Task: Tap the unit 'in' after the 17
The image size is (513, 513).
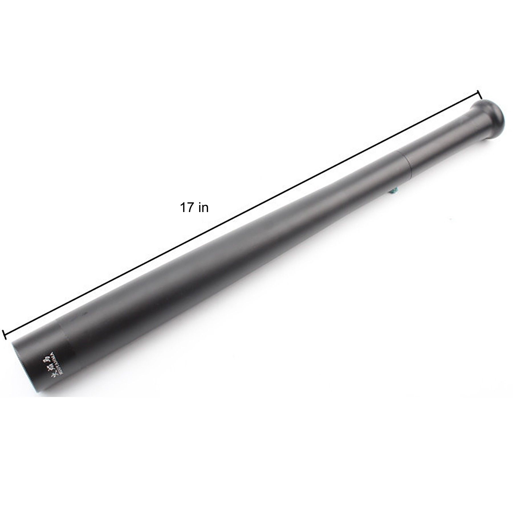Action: click(x=203, y=208)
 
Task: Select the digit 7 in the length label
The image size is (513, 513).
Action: click(x=190, y=208)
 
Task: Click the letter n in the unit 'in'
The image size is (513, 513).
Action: click(x=205, y=209)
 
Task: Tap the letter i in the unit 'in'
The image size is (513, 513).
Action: click(x=200, y=208)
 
